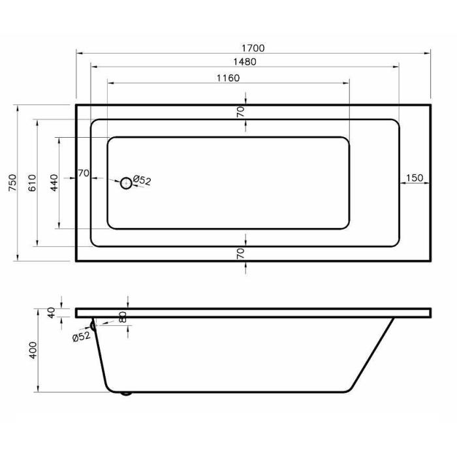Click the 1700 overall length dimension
coord(253,48)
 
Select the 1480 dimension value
coord(245,62)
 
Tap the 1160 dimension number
coord(228,78)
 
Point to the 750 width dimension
coord(13,182)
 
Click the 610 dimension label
coord(32,183)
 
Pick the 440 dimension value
coord(54,183)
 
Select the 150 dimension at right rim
coord(414,178)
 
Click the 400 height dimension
coord(33,350)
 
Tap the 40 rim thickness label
coord(52,313)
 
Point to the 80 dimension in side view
coord(123,317)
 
